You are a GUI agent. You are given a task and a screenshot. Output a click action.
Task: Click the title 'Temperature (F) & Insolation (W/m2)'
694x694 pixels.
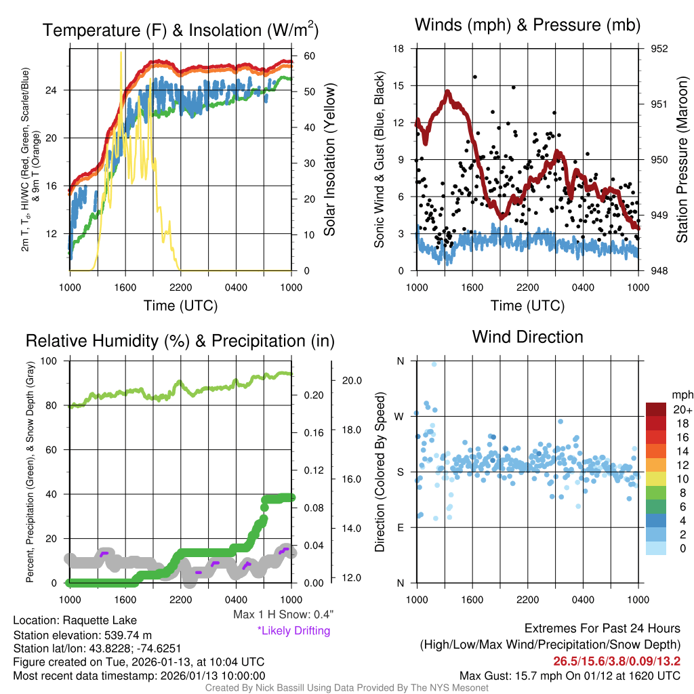pos(180,30)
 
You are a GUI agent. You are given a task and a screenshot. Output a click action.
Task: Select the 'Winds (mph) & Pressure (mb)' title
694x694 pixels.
pos(527,25)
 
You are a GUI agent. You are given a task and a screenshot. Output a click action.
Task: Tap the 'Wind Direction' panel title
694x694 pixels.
pos(527,337)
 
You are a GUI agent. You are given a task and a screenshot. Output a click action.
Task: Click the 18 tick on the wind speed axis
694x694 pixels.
pos(399,49)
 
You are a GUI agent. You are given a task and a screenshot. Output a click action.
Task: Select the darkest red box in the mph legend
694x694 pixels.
pos(657,409)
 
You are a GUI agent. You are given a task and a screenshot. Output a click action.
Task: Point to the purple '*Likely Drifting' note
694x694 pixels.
pos(293,630)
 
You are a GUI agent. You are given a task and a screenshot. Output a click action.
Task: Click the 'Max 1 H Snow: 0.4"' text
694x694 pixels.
pos(283,615)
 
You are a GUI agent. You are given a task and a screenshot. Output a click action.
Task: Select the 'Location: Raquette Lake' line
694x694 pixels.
pos(75,620)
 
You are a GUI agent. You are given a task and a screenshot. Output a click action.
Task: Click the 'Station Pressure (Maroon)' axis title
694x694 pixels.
pos(682,160)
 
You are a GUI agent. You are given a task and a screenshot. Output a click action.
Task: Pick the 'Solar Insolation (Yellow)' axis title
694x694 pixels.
pos(330,160)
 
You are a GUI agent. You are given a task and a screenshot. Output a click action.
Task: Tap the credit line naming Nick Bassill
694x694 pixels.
pos(346,688)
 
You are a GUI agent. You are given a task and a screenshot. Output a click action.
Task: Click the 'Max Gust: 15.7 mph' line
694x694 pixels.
pos(570,675)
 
